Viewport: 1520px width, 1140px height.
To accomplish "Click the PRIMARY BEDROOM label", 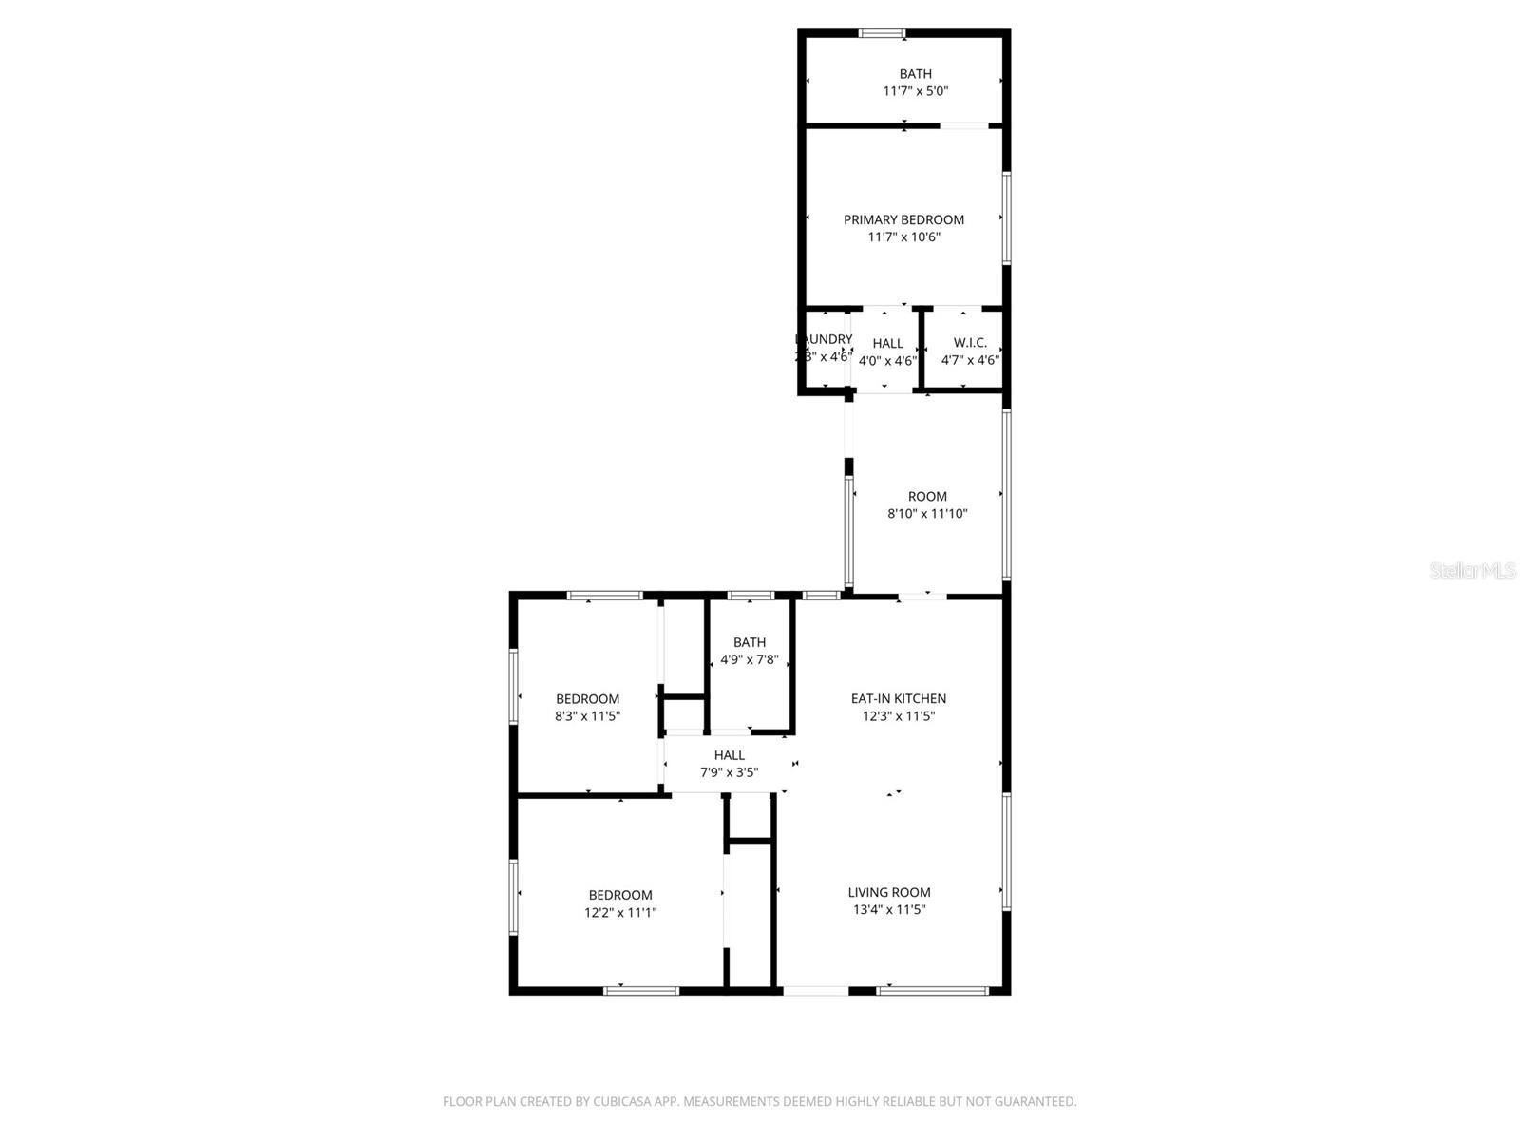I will click(x=903, y=219).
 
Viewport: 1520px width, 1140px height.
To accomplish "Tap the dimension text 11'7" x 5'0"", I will click(x=916, y=91).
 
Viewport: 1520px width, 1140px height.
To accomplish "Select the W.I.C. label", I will click(x=970, y=343).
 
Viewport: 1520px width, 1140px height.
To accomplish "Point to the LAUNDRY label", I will click(x=824, y=339).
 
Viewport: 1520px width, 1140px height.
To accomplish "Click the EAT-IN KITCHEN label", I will click(x=898, y=698).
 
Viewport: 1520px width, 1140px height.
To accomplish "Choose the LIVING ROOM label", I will click(x=889, y=892).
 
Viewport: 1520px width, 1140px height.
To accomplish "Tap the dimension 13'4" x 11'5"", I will click(x=889, y=910).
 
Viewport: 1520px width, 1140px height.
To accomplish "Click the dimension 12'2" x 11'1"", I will click(x=620, y=913).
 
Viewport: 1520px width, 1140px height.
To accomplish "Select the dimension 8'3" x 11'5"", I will click(x=587, y=717).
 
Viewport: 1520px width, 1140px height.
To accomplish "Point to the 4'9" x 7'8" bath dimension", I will click(x=750, y=660).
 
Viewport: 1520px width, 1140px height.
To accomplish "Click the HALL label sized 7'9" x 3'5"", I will click(x=730, y=755).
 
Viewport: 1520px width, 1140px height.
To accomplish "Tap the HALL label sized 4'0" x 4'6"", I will click(x=887, y=343).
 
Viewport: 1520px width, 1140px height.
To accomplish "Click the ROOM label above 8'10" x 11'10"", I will click(x=927, y=496).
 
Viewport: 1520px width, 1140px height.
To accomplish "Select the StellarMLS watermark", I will click(x=1473, y=571).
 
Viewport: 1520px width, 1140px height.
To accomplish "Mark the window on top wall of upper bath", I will click(x=883, y=34).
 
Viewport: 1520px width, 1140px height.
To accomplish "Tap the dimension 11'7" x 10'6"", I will click(x=903, y=237).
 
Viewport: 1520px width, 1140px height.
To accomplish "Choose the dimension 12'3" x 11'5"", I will click(x=898, y=716).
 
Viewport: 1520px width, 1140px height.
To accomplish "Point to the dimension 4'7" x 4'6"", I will click(x=970, y=361).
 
